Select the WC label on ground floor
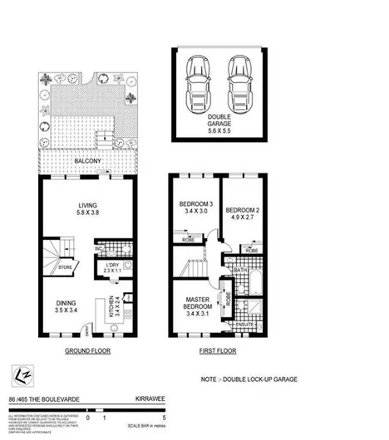pos(98,247)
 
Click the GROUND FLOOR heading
pos(86,351)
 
